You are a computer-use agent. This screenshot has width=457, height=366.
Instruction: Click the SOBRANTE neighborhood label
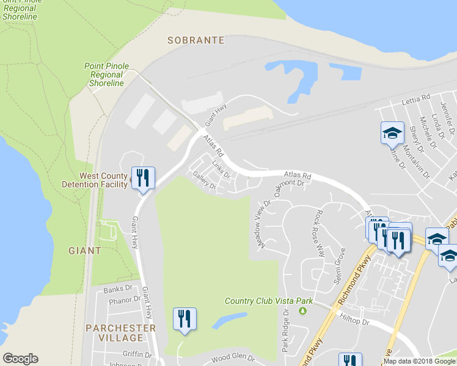(196, 40)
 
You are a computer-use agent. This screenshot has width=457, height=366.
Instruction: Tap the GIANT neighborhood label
(85, 250)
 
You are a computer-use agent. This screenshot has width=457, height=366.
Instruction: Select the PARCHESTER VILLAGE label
(120, 333)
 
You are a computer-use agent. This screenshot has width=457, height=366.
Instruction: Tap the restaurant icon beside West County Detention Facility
(143, 178)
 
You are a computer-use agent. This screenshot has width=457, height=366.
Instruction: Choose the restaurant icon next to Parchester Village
(185, 319)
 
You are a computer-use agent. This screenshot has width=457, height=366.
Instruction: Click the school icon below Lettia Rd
(392, 133)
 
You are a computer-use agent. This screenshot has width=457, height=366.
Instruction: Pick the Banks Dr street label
(117, 289)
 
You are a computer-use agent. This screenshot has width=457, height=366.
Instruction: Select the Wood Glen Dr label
(232, 357)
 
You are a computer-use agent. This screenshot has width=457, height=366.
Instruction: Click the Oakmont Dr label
(289, 183)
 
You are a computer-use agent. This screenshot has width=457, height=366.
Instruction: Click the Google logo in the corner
(20, 359)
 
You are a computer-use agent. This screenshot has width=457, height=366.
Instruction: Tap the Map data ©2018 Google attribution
(419, 361)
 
